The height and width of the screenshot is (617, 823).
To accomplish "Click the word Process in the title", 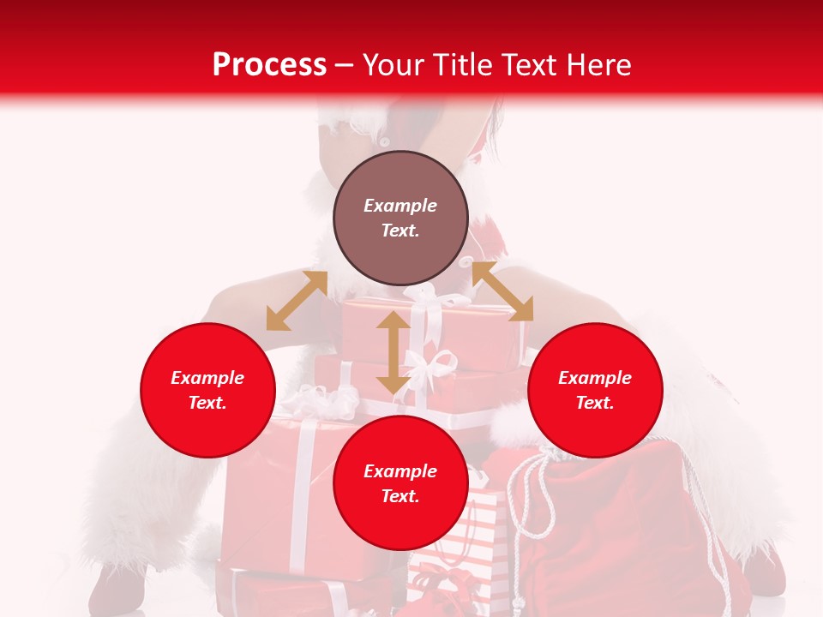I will point(269,65).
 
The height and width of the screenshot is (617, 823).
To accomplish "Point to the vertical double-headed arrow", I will point(393,352).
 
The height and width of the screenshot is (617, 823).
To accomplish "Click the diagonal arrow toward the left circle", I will point(297,301).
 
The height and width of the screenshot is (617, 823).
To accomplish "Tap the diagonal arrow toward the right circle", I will point(502,291).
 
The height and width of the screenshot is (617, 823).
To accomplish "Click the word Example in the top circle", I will point(400,206).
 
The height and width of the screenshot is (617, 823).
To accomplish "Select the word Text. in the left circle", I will point(207,403).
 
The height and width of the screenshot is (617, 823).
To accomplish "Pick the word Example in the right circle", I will point(595,378).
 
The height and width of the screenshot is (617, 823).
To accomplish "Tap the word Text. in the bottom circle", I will point(400,496).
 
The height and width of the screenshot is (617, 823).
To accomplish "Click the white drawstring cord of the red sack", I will point(519,506).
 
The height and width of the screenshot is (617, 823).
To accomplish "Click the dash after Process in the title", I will point(345,66).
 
